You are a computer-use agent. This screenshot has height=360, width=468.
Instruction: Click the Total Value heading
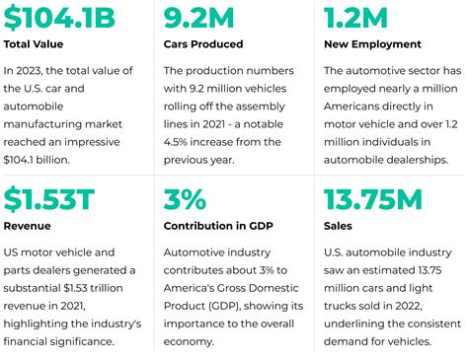coord(36,45)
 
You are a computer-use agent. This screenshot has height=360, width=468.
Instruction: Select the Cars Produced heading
coord(202,45)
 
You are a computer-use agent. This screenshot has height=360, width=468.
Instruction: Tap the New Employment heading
coord(373,45)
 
